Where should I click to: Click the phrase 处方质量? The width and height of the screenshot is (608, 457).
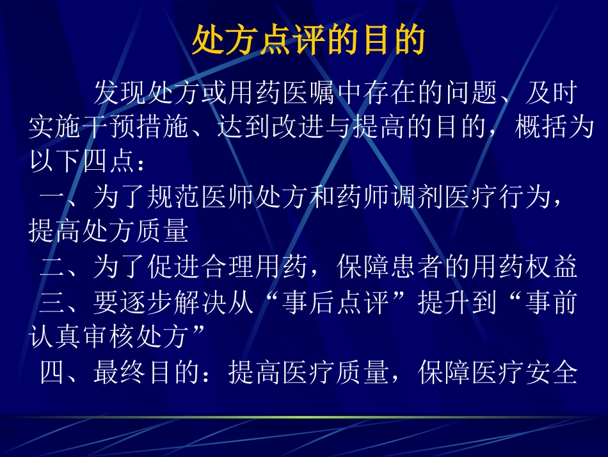(135, 231)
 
